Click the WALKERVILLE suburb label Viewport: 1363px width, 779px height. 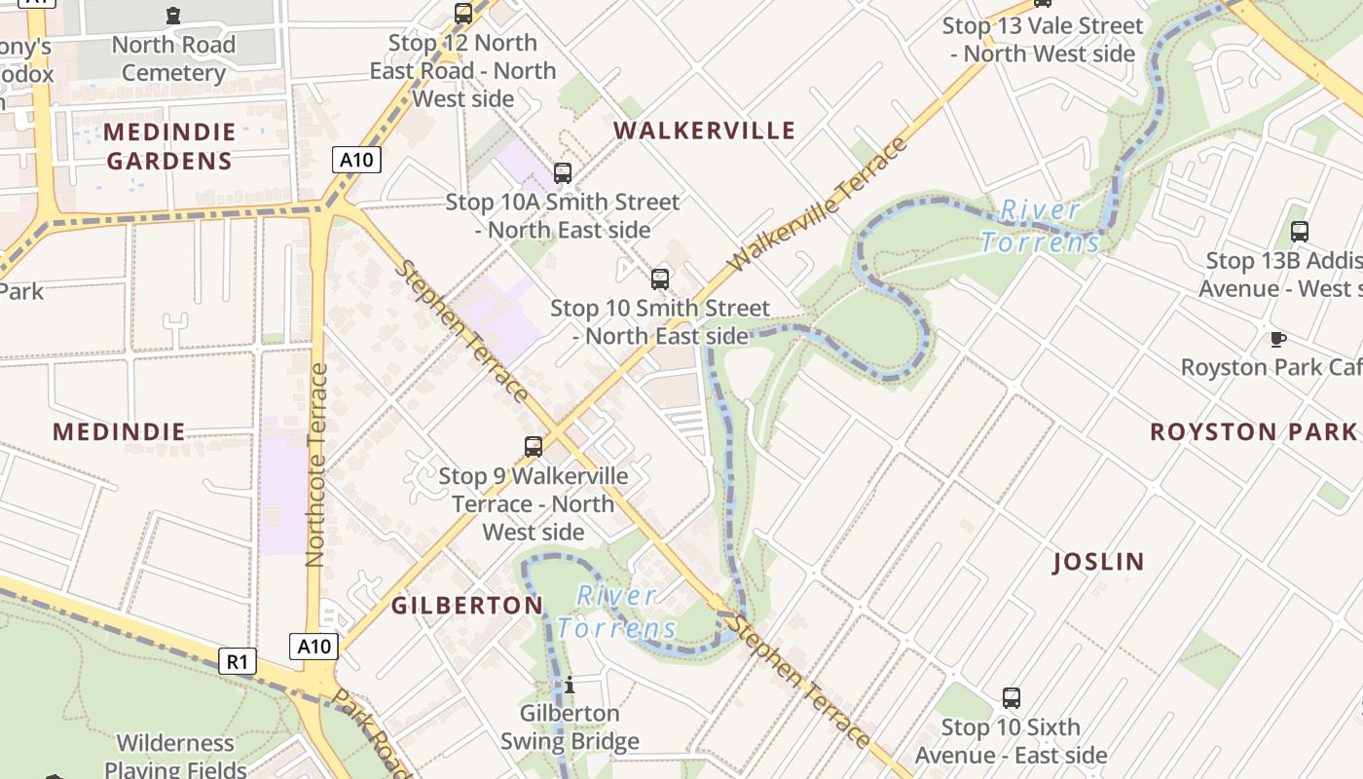pos(704,130)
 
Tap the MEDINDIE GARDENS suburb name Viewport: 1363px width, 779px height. pos(169,146)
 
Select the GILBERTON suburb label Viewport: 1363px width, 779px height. pos(467,606)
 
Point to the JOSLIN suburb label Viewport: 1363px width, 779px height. pos(1099,562)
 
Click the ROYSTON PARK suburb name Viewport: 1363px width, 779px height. pos(1253,431)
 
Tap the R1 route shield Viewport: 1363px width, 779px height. pos(237,662)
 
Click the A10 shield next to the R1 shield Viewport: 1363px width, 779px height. pos(314,647)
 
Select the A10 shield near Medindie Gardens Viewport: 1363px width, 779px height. pos(355,160)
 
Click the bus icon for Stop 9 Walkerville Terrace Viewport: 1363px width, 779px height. pos(534,447)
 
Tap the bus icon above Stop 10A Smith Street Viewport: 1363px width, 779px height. pos(563,173)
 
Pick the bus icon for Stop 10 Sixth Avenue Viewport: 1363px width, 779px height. pos(1012,698)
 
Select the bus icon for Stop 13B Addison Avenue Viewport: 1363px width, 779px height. pos(1299,232)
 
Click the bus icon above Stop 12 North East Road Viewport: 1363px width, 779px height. pos(463,14)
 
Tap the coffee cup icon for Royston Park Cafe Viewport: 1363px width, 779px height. pos(1277,339)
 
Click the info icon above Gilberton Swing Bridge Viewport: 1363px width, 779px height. pos(570,685)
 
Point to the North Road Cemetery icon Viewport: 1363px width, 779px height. pos(173,15)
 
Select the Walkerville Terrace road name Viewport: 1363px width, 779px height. pos(817,205)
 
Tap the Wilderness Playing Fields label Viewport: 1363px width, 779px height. pos(175,757)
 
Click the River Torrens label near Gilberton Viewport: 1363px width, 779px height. pos(616,612)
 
